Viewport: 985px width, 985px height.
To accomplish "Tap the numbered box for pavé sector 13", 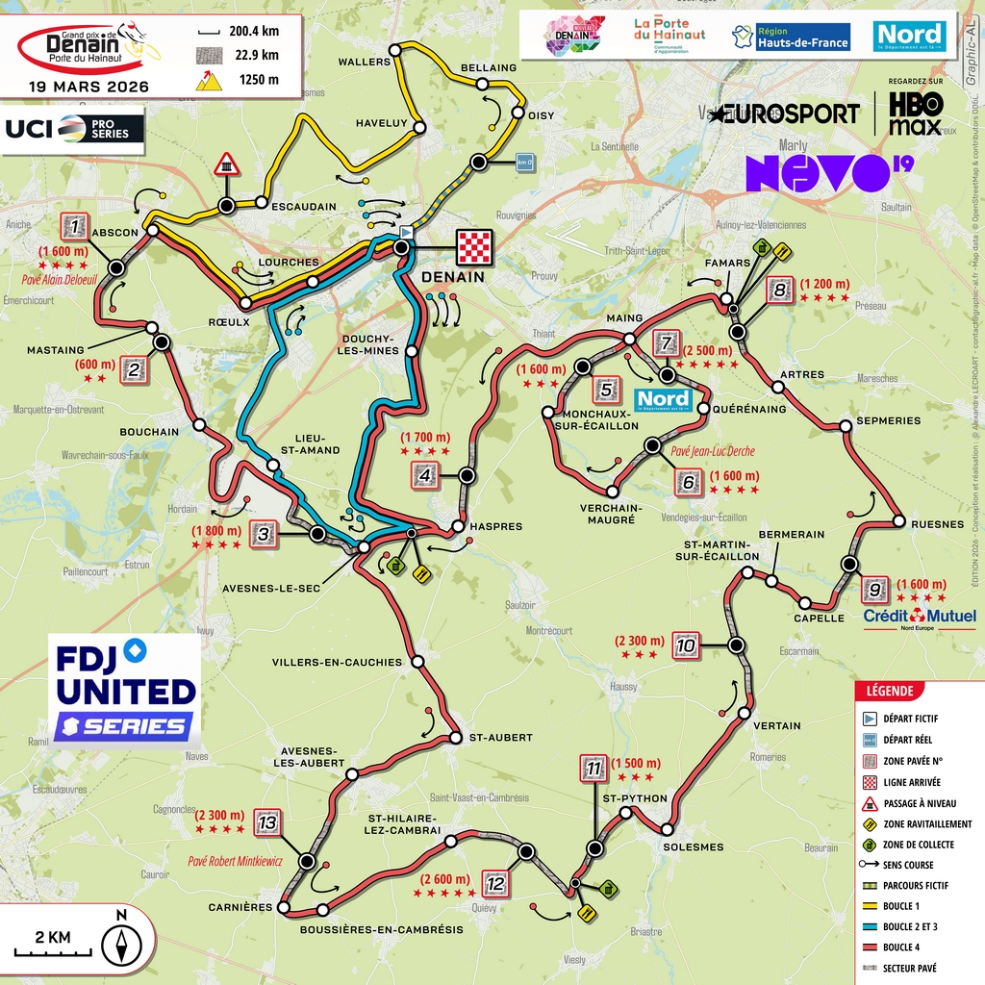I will pos(267,823).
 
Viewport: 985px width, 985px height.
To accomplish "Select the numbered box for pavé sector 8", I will pos(779,290).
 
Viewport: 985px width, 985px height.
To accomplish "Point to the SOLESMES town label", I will pos(693,846).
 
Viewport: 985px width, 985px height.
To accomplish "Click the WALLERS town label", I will pos(365,62).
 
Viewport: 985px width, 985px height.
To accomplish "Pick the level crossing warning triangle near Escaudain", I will pos(227,164).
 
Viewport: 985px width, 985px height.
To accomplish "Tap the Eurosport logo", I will pos(785,114).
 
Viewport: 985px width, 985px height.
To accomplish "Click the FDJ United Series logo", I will pos(125,689).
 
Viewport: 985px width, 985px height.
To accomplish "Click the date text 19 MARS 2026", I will pos(88,86).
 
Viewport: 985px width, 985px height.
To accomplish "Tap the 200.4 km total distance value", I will pos(254,31).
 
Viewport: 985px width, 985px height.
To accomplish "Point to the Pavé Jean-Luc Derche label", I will pos(713,451).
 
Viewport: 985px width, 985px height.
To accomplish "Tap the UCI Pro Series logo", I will pos(74,128).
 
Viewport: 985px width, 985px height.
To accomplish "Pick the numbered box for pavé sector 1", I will pos(74,227).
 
